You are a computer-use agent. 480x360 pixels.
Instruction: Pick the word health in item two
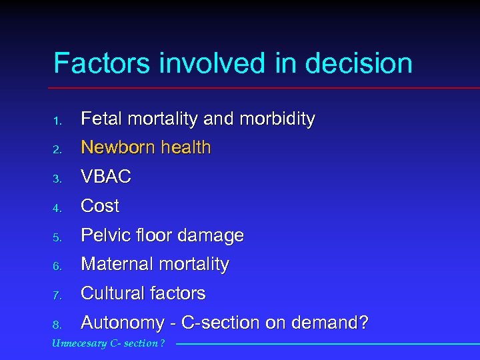tap(185, 147)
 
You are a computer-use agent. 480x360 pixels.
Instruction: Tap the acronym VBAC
tap(105, 177)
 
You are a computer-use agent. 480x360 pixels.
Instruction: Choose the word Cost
tap(100, 206)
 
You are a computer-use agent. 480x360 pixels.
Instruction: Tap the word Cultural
tap(112, 293)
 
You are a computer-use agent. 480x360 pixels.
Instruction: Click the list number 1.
tap(58, 121)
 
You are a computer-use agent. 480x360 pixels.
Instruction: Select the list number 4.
tap(58, 207)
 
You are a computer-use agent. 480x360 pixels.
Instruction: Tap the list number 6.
tap(58, 266)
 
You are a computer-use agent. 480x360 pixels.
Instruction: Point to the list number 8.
tap(58, 325)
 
